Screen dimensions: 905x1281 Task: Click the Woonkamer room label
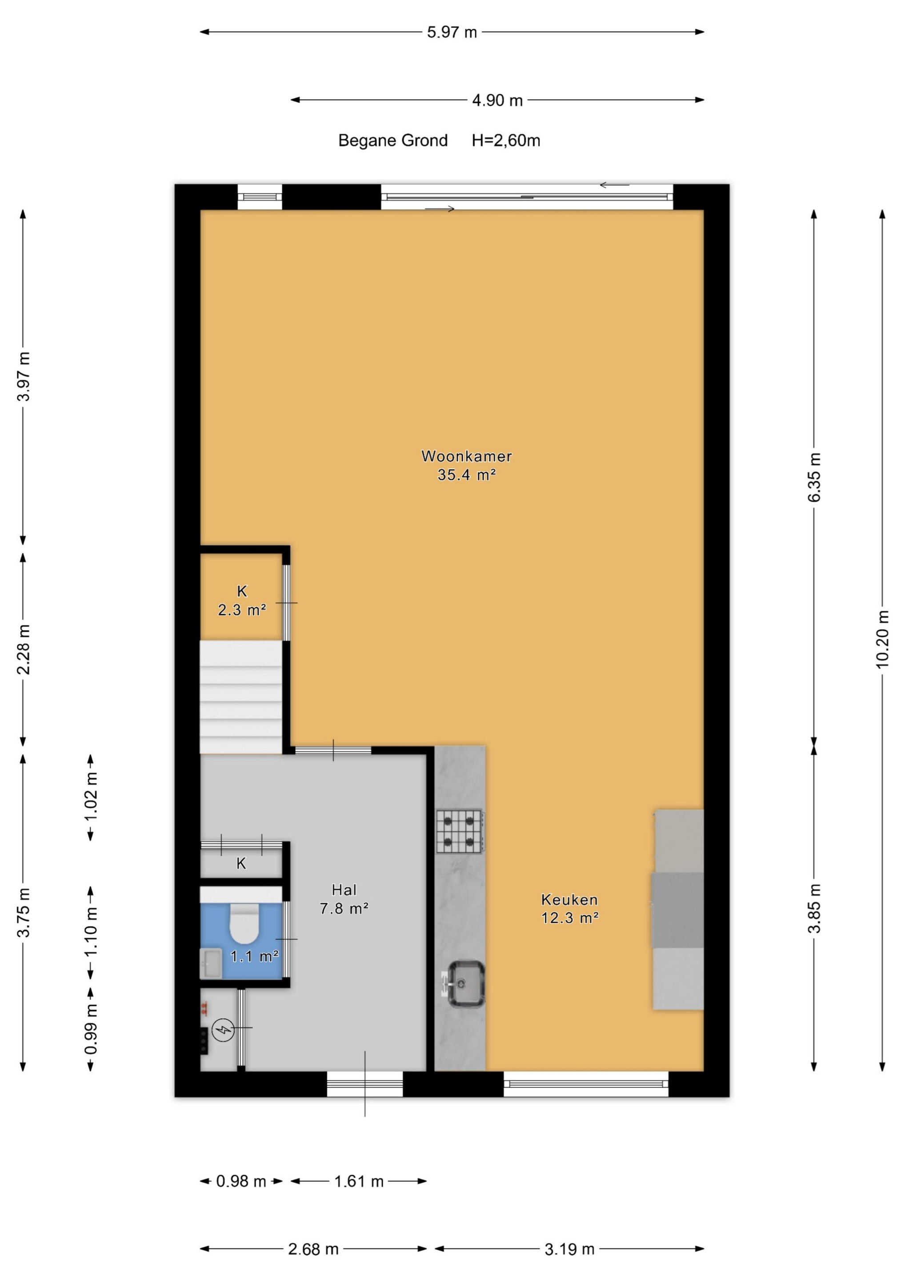click(x=466, y=456)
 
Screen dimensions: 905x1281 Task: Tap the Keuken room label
click(x=569, y=899)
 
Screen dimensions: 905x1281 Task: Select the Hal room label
click(x=344, y=890)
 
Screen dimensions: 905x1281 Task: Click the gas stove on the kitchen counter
click(x=460, y=831)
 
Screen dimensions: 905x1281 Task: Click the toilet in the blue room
click(x=244, y=922)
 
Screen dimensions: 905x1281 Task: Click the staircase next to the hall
click(x=241, y=697)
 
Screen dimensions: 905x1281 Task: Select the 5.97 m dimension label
click(x=452, y=32)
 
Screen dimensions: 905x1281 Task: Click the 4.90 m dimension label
click(x=497, y=101)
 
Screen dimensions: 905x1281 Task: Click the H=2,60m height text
click(x=506, y=141)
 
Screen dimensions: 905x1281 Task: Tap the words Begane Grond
click(x=392, y=141)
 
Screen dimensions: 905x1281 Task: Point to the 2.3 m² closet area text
click(x=241, y=610)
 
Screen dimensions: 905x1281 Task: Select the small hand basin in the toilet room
click(x=211, y=963)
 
